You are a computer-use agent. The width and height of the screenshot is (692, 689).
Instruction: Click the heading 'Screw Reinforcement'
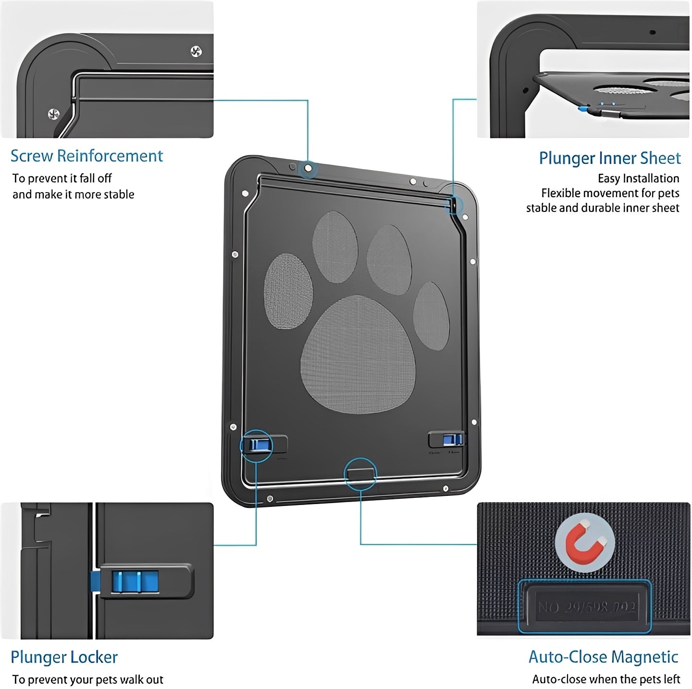tap(86, 156)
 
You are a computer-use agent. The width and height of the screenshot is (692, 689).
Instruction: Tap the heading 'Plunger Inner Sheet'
tap(609, 158)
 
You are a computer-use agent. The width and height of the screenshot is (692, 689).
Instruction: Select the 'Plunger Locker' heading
tap(64, 657)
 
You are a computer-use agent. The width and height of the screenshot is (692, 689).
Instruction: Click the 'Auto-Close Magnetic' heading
tap(603, 657)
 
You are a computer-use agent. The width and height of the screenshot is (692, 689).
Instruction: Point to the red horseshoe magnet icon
tap(584, 544)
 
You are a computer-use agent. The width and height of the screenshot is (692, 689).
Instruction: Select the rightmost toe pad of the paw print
tap(431, 314)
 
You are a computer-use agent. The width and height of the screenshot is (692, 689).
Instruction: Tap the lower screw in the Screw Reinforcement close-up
tap(54, 114)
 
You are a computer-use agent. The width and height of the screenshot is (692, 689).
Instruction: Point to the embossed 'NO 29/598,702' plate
tap(586, 607)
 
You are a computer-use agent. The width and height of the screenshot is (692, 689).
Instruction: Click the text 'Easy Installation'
tap(638, 179)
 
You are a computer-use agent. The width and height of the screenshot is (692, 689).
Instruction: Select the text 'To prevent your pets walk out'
tap(88, 679)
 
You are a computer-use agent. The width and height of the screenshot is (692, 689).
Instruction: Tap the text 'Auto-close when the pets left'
tap(606, 679)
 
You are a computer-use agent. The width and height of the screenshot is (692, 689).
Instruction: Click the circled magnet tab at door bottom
tap(360, 473)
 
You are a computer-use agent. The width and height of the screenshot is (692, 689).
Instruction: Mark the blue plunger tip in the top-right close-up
tap(582, 109)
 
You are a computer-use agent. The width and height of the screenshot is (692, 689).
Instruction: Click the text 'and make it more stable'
tap(73, 195)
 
